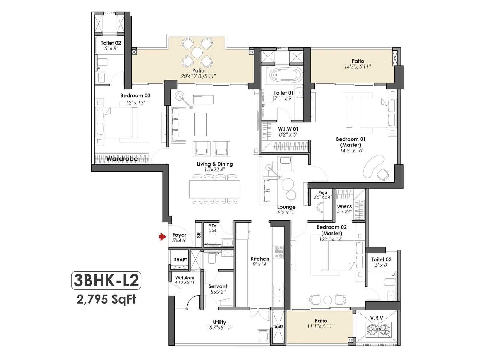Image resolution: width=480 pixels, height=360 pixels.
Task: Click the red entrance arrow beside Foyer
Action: click(x=162, y=237)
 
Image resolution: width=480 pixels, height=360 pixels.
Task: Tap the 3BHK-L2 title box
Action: click(x=106, y=281)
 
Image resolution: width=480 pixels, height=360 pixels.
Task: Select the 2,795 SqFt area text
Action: click(x=106, y=299)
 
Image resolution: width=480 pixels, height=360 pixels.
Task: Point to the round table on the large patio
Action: click(x=197, y=52)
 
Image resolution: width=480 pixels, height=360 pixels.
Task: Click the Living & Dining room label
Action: click(x=215, y=164)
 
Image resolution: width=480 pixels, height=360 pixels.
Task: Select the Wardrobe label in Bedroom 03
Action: click(x=122, y=158)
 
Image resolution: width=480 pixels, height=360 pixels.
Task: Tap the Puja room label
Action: click(x=323, y=193)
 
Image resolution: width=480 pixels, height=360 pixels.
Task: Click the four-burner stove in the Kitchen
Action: click(x=278, y=252)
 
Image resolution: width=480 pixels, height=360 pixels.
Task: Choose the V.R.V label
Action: click(x=376, y=318)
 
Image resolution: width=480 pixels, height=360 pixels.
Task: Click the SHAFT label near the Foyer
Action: click(x=180, y=260)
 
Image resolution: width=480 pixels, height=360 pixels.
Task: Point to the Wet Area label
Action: click(x=185, y=278)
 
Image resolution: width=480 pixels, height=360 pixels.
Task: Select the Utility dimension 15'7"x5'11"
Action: click(x=219, y=328)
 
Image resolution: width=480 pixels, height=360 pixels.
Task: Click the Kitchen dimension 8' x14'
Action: click(x=260, y=265)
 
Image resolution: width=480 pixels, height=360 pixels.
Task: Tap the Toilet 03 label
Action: click(x=381, y=259)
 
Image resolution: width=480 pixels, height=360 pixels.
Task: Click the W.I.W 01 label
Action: click(x=288, y=129)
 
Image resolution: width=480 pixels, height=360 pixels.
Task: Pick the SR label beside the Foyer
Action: click(x=199, y=235)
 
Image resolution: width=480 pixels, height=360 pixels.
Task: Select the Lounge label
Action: click(x=286, y=207)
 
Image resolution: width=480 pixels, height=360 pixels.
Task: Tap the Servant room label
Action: click(x=218, y=286)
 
